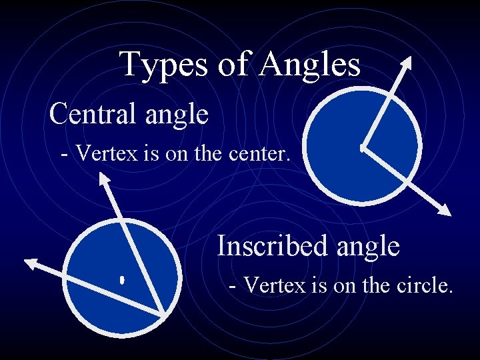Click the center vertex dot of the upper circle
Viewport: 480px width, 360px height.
coord(362,147)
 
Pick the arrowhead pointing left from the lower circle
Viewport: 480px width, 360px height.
coord(31,263)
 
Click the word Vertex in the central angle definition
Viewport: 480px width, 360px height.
coord(100,155)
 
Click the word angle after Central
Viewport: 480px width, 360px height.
coord(176,115)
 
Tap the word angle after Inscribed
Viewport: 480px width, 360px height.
coord(367,247)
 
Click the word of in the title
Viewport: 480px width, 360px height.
coord(237,65)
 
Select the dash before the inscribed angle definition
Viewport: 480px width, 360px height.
coord(232,287)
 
